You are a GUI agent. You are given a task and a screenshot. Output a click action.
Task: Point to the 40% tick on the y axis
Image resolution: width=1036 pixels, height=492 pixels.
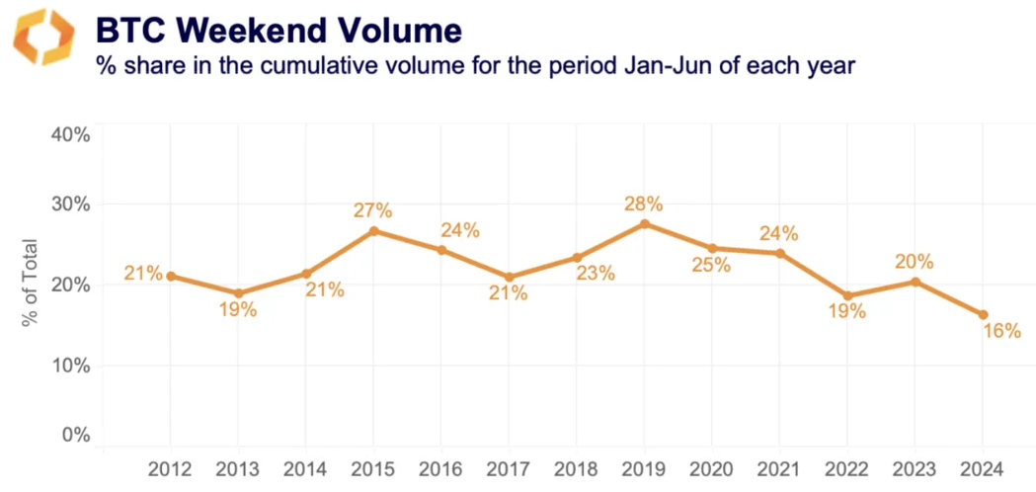point(69,134)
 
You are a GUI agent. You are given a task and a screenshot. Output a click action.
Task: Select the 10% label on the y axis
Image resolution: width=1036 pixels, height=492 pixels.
point(69,365)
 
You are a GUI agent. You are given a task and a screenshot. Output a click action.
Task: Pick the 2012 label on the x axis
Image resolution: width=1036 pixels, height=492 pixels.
point(171,467)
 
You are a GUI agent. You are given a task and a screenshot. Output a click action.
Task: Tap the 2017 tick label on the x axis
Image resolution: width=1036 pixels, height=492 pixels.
point(509,467)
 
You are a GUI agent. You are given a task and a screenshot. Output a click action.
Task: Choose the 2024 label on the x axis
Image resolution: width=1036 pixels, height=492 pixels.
point(983,467)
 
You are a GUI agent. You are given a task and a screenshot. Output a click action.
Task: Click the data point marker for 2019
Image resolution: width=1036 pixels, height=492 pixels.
point(645,224)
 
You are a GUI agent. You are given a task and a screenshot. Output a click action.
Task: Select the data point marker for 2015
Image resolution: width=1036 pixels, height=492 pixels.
point(374,231)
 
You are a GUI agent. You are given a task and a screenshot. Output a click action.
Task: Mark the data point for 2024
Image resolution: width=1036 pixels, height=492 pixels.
point(983,315)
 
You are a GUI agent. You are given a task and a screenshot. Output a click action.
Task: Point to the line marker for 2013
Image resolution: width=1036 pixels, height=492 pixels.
point(239,293)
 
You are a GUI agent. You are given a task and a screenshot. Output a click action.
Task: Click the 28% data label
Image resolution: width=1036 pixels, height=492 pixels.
point(643,204)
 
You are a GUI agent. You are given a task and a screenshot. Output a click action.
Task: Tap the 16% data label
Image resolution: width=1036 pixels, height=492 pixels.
point(1001,332)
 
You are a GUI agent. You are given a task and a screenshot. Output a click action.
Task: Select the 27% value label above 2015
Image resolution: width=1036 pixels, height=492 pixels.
point(373,209)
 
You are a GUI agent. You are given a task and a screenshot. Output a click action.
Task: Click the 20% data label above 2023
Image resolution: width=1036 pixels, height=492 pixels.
point(915,262)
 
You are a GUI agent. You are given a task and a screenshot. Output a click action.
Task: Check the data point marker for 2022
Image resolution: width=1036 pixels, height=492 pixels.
point(847,295)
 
